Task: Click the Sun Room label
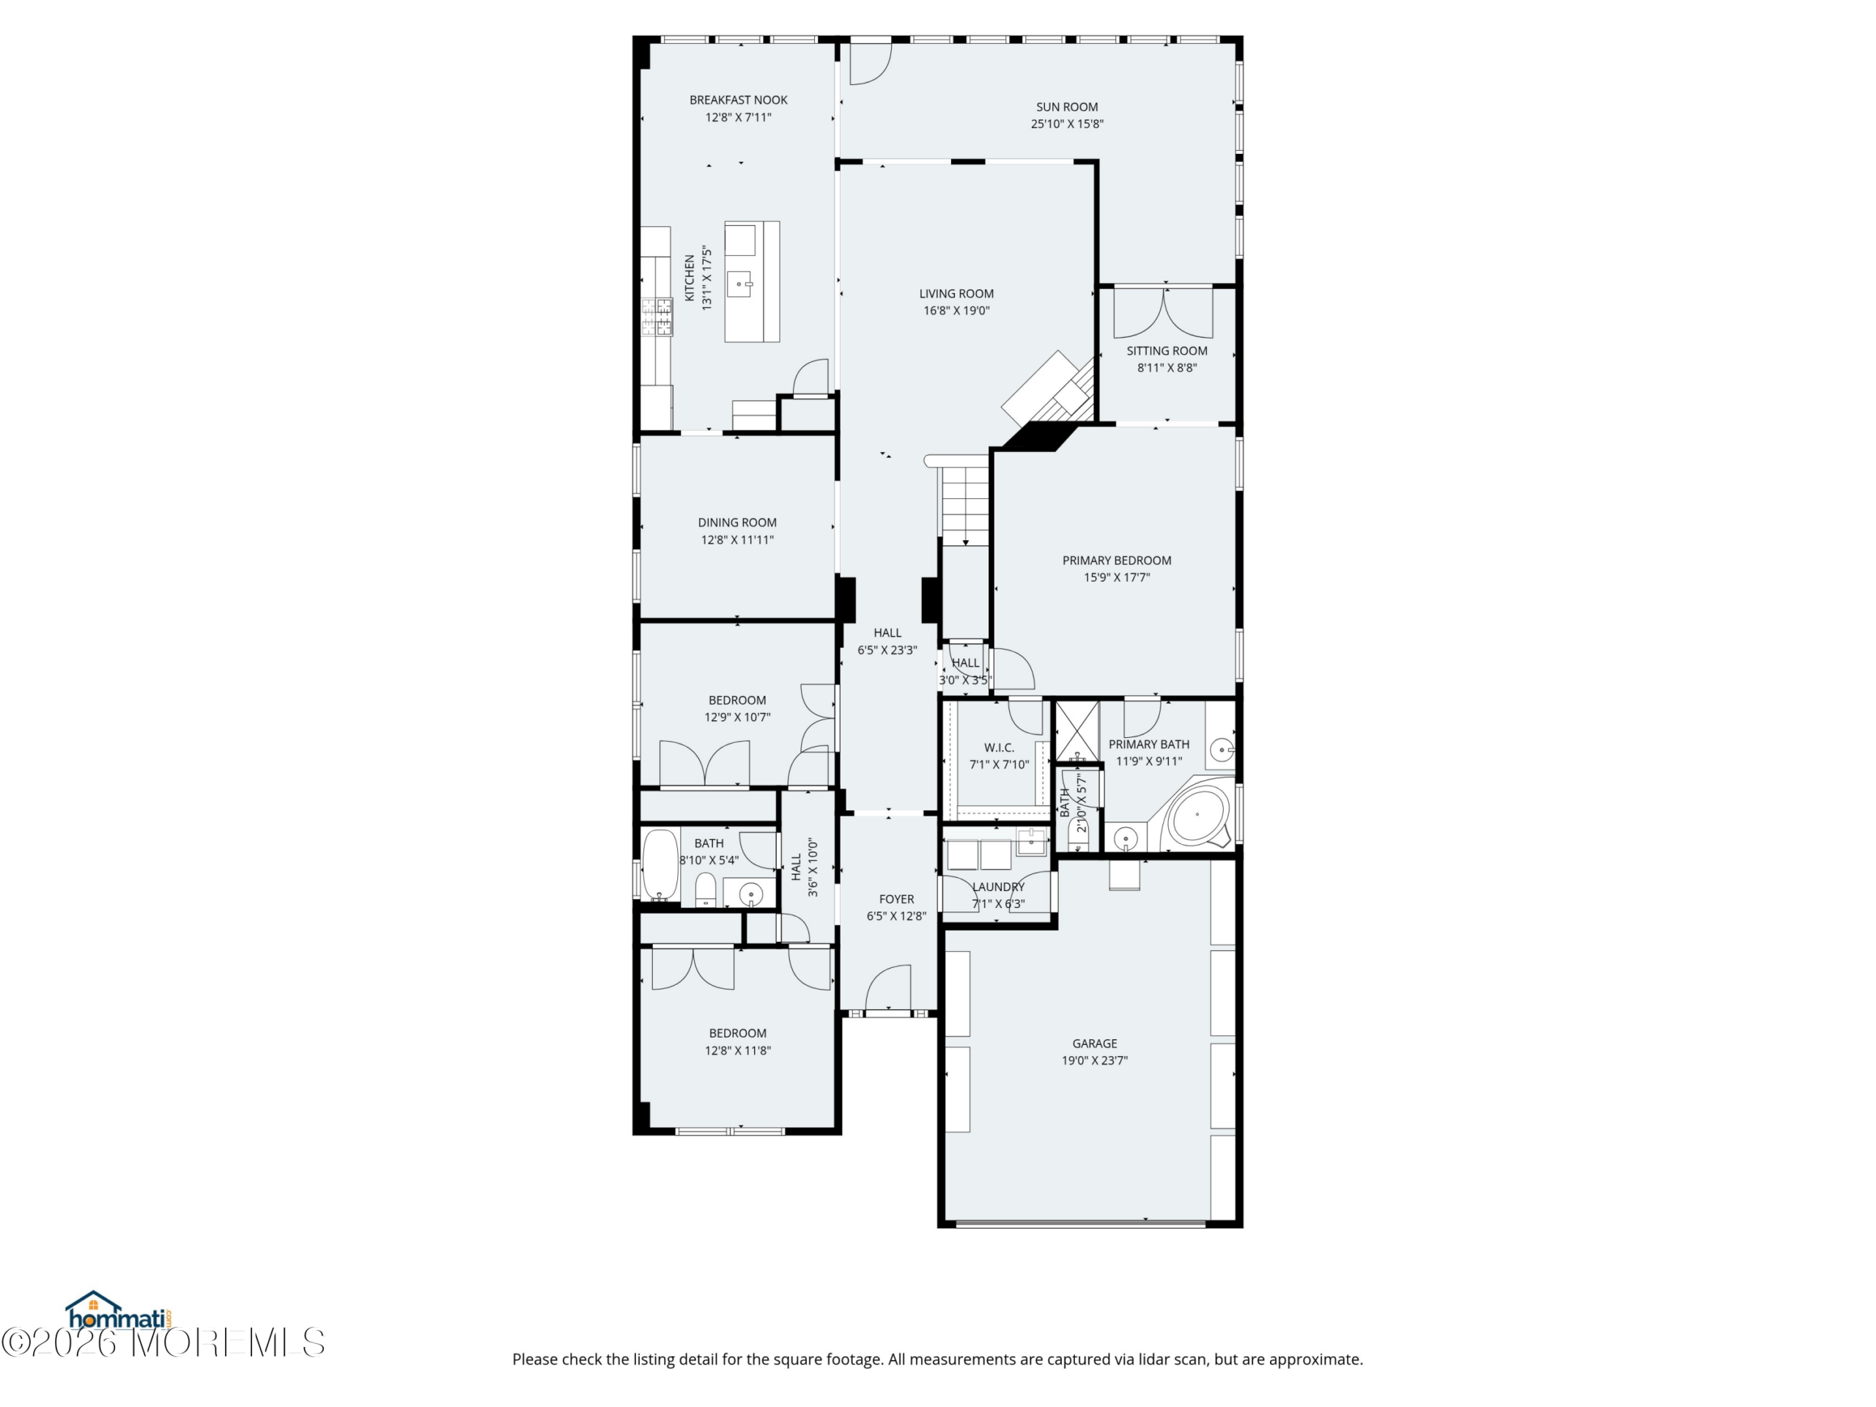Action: [1067, 107]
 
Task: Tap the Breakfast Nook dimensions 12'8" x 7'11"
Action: [739, 117]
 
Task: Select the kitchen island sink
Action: [742, 284]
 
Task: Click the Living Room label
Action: [956, 293]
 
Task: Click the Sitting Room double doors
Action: [1164, 313]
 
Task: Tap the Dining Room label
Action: [737, 522]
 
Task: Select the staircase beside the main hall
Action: [964, 501]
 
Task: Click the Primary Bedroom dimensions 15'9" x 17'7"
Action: [1117, 577]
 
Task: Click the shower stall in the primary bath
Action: [1077, 731]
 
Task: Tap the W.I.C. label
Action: [999, 747]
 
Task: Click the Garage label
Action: [1095, 1044]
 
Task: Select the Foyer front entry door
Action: [887, 989]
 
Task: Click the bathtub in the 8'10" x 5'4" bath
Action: [660, 864]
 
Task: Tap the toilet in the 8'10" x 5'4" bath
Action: [706, 890]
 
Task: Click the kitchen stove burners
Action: [657, 317]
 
